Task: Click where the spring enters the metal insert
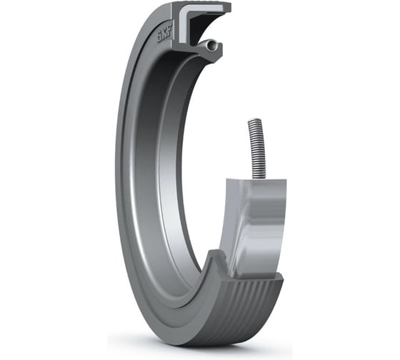255,176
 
